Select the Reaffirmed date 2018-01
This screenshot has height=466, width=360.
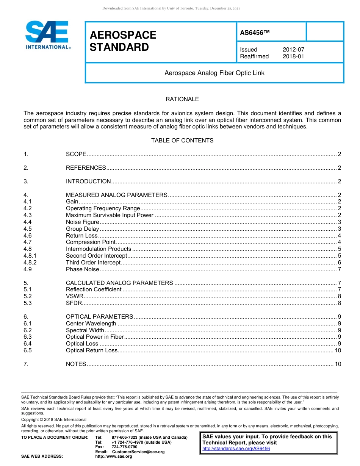click(x=293, y=56)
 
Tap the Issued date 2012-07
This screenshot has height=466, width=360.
click(x=293, y=50)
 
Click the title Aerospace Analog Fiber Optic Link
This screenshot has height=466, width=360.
click(x=214, y=73)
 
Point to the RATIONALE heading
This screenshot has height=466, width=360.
click(x=182, y=99)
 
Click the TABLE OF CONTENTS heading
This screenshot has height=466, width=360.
click(x=182, y=141)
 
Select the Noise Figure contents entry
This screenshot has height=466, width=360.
click(x=83, y=222)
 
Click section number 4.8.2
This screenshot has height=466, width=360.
click(x=30, y=263)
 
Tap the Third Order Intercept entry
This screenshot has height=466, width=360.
click(x=93, y=263)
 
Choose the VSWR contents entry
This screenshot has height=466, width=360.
click(x=75, y=296)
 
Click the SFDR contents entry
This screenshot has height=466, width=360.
click(x=74, y=303)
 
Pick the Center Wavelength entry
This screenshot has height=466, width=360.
click(x=91, y=324)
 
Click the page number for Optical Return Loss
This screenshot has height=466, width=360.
click(x=338, y=350)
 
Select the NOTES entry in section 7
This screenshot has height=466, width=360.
click(x=76, y=364)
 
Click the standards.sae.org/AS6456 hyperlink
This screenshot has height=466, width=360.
click(x=236, y=449)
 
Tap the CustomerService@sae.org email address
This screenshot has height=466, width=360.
click(x=138, y=452)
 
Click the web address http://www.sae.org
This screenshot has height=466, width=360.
click(x=114, y=457)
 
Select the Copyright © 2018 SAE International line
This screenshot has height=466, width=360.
click(x=54, y=419)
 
